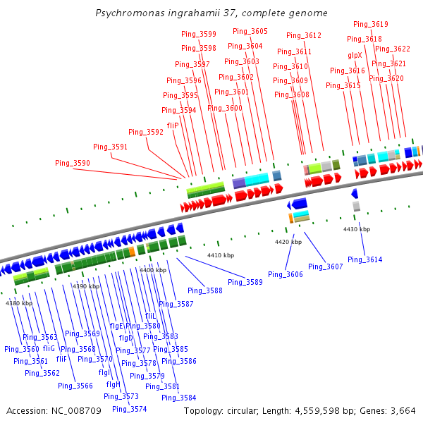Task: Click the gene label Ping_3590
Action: point(73,163)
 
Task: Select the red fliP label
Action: point(173,125)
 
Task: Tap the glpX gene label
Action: point(355,55)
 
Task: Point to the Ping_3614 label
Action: point(364,260)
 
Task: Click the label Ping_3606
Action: point(286,274)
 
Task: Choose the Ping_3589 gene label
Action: point(245,282)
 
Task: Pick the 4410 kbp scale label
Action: point(220,255)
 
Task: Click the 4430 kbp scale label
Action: point(357,229)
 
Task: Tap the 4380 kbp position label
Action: point(19,303)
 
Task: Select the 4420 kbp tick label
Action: point(288,242)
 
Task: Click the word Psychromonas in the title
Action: point(125,13)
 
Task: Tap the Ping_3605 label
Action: point(250,31)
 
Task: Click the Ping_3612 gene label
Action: point(304,35)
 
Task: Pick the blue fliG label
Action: point(49,348)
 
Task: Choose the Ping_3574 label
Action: point(129,409)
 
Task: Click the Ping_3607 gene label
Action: point(325,266)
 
